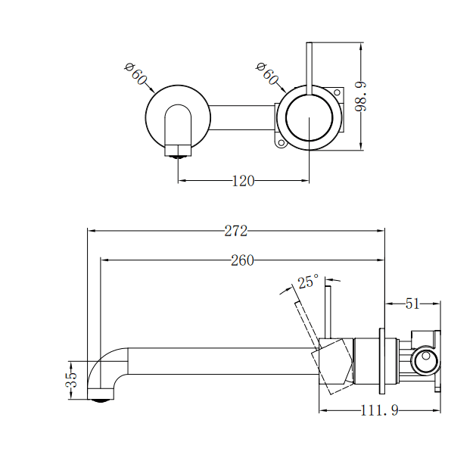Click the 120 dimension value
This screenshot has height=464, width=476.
tap(243, 180)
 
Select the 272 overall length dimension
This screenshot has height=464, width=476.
tap(235, 232)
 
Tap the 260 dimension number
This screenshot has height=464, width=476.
tap(242, 261)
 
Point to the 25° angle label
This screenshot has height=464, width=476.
tap(307, 282)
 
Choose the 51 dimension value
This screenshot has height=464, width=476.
tap(412, 304)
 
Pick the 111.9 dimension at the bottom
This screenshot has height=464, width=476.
tap(379, 410)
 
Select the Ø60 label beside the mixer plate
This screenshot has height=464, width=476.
tap(268, 74)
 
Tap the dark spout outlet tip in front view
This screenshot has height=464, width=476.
tap(179, 154)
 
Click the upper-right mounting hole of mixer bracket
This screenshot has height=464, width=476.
tap(337, 92)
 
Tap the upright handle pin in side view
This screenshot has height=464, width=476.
tap(328, 310)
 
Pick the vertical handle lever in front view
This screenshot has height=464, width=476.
tap(309, 68)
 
